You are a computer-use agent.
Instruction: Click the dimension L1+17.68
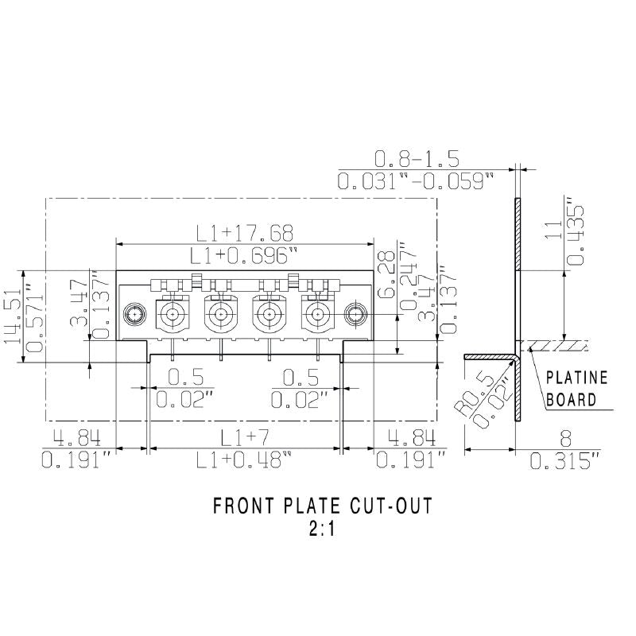[246, 232]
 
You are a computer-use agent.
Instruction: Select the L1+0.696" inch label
[246, 255]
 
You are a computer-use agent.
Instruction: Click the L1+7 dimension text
[245, 436]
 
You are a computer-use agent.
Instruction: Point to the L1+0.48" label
[245, 460]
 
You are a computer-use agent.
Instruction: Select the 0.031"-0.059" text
[416, 181]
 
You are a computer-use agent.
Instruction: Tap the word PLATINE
[577, 378]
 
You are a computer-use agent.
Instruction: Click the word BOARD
[571, 398]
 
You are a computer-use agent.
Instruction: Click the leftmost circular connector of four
[173, 315]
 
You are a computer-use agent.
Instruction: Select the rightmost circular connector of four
[316, 315]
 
